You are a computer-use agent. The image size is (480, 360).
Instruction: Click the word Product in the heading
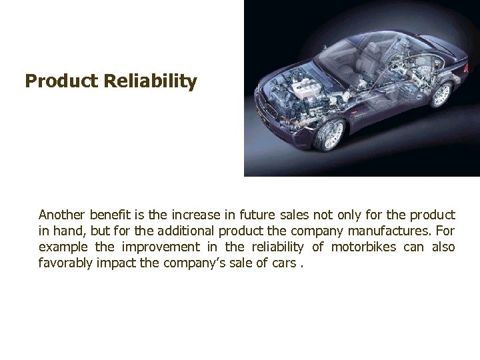coord(61,82)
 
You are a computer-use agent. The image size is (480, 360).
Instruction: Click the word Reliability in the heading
coord(150,82)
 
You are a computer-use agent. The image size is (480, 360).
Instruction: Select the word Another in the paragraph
coord(61,215)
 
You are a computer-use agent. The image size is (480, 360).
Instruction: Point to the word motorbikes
coord(363,247)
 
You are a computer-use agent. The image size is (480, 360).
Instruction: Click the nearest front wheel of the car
coord(331,135)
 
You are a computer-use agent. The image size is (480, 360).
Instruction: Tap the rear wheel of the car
coord(441,95)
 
